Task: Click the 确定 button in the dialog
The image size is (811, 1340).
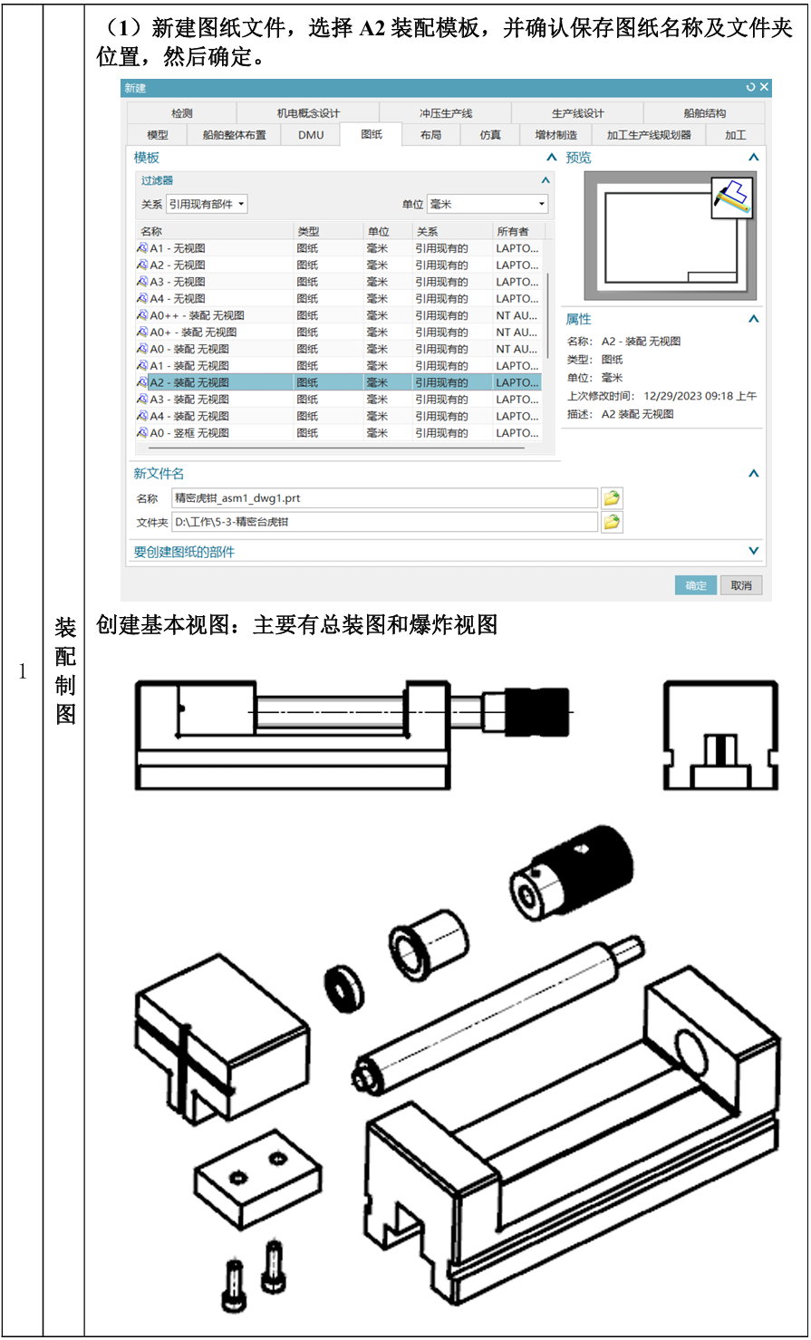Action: [696, 585]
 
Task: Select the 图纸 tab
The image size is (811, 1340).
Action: [372, 135]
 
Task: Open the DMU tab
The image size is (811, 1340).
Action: [311, 135]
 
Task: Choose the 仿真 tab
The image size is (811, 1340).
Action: [490, 135]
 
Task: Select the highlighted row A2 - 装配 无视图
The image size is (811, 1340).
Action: [339, 382]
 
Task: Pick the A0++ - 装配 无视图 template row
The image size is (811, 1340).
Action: [197, 315]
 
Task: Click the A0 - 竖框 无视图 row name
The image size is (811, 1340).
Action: [189, 432]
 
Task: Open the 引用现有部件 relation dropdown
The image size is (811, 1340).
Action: [207, 204]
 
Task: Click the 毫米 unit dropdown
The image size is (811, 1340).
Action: [488, 204]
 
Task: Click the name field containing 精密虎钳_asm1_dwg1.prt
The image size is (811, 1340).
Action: [384, 497]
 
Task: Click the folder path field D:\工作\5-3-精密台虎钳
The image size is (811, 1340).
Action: [384, 522]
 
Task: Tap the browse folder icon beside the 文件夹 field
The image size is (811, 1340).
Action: [612, 522]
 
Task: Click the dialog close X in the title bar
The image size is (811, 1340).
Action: [764, 87]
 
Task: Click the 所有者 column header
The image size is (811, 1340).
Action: [513, 231]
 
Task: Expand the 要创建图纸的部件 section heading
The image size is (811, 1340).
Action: [184, 552]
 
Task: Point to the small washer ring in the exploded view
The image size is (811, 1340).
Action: [344, 988]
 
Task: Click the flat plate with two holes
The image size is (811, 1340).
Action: [257, 1179]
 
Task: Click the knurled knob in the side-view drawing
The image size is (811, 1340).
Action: [537, 712]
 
